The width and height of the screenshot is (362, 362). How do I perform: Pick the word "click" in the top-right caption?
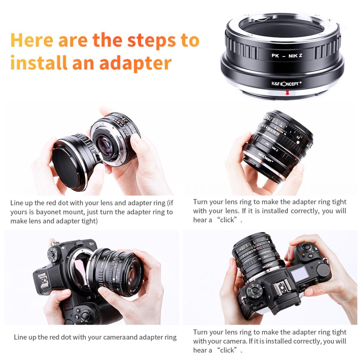click(227, 220)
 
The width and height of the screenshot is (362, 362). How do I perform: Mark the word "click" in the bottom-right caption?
click(227, 350)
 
